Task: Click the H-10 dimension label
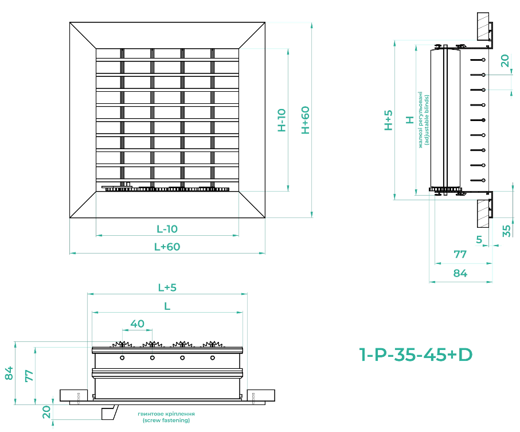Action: [x=281, y=120]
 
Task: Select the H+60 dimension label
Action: [x=306, y=120]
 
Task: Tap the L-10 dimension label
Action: [x=167, y=229]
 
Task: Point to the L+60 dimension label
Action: [x=167, y=247]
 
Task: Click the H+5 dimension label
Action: [x=389, y=120]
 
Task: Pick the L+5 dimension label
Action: [x=167, y=287]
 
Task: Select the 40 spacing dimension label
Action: [x=137, y=324]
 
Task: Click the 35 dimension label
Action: [x=506, y=231]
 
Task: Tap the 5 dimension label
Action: [x=479, y=239]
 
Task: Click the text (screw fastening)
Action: [x=166, y=421]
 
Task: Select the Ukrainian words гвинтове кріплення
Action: [x=166, y=414]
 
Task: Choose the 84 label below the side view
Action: [x=460, y=274]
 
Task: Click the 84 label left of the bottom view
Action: [x=9, y=373]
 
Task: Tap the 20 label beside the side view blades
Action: [x=505, y=61]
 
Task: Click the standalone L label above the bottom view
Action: [x=167, y=306]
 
